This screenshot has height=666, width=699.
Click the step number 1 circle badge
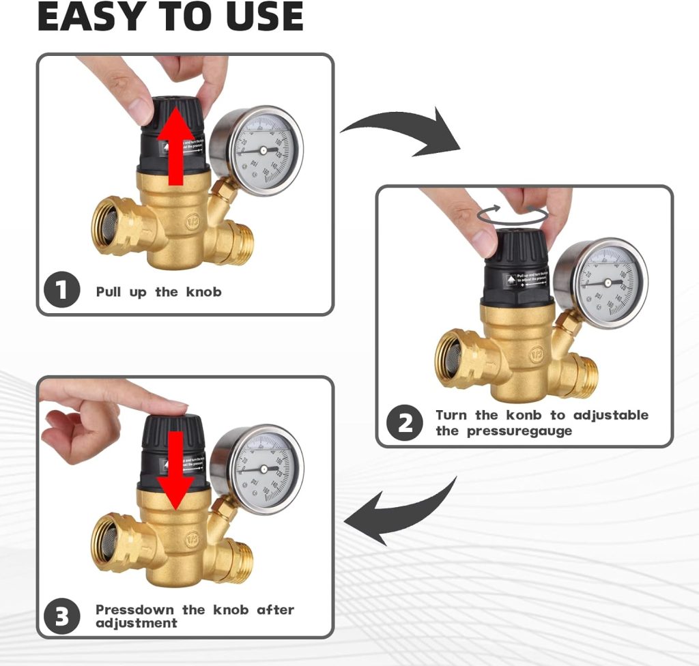click(x=62, y=291)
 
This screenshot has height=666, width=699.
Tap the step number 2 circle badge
click(x=405, y=423)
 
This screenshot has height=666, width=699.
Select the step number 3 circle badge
click(x=62, y=616)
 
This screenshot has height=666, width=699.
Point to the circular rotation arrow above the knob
click(x=513, y=214)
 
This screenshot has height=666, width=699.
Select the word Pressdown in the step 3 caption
click(x=134, y=609)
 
